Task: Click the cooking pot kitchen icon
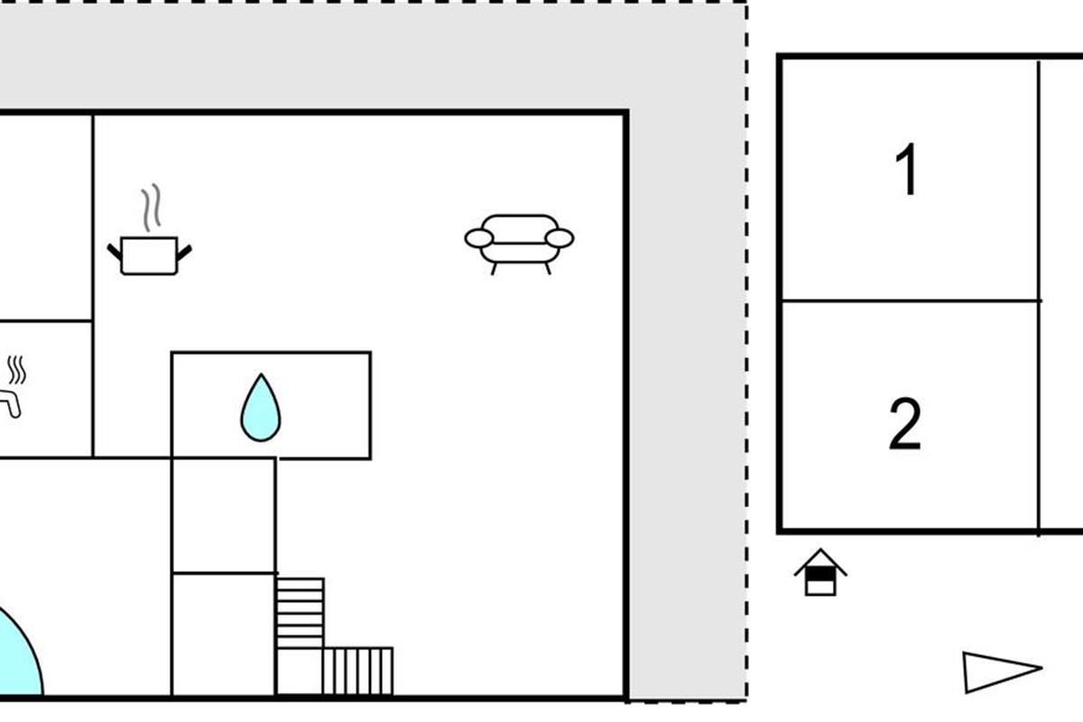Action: tap(149, 255)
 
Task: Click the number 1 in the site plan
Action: tap(907, 170)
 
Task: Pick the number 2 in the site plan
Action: tap(905, 424)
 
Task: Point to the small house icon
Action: tap(820, 573)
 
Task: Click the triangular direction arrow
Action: tap(998, 671)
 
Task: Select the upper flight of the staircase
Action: tap(300, 612)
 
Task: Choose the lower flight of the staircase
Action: tap(357, 671)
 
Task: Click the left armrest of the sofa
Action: tap(478, 238)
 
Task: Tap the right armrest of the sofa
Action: tap(560, 238)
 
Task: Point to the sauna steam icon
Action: tap(16, 370)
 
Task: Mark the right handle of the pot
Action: tap(184, 252)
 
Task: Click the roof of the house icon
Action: tap(820, 560)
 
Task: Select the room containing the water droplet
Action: tap(316, 406)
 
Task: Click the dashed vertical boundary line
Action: tap(746, 361)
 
